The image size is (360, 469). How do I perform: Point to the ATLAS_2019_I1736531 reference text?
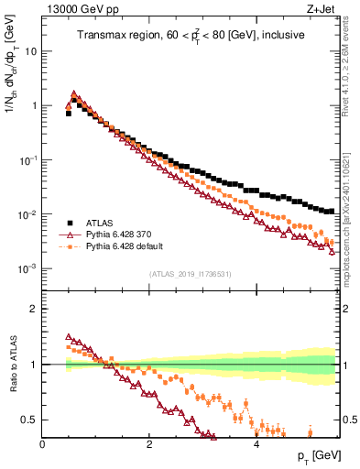190,274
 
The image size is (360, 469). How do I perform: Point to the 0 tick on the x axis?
42,444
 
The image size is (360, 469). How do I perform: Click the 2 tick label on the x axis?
148,444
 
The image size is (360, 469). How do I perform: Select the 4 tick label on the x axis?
256,444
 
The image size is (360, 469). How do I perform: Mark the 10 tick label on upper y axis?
29,51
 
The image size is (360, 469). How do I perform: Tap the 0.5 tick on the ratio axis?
28,420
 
